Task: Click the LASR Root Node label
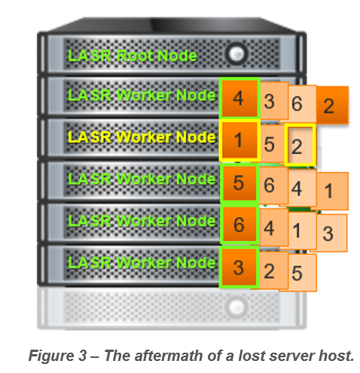133,55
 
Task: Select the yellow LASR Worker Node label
142,137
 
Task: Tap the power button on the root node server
236,54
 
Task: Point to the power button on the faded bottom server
236,307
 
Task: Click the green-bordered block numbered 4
239,98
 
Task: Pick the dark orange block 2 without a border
332,105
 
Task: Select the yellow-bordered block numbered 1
239,140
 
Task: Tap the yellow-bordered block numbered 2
300,145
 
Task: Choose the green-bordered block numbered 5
239,182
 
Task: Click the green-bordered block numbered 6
239,225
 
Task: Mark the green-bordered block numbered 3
239,267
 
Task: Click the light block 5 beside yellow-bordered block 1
272,144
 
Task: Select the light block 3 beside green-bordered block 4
273,101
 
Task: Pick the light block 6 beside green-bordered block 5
273,185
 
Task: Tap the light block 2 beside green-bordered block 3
273,271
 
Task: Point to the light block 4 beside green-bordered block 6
273,228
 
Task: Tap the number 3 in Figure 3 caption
82,356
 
